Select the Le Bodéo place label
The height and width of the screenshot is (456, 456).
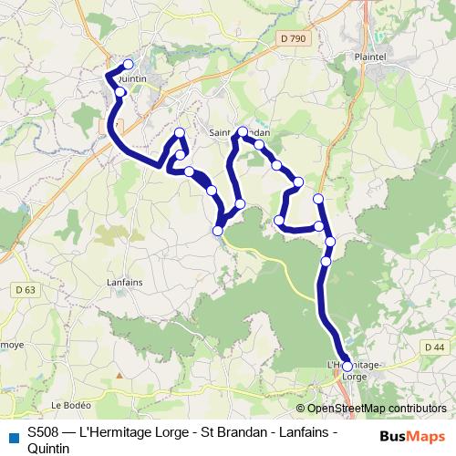68,404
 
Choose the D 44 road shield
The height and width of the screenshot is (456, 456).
435,347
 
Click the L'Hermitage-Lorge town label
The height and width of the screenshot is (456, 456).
357,370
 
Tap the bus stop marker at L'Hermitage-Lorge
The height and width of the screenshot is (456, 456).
347,366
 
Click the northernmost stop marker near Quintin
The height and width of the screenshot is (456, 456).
129,64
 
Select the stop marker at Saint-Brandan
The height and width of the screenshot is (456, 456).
243,131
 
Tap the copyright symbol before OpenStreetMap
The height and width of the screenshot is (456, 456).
301,408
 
